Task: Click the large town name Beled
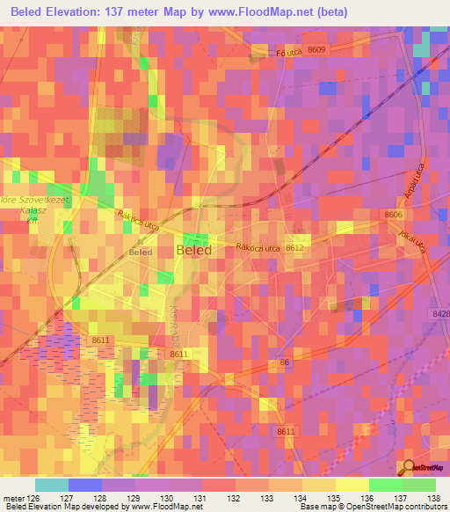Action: (193, 250)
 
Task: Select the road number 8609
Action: (316, 49)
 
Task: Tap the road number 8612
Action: (294, 248)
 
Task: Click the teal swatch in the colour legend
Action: (52, 485)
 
